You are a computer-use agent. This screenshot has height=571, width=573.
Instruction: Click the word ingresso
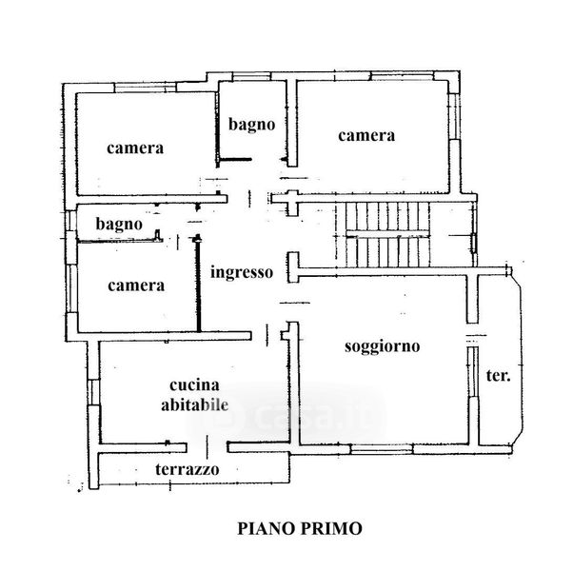point(242,271)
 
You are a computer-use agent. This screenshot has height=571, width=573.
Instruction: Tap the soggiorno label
point(383,346)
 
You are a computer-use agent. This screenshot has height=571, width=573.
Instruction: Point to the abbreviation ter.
point(499,375)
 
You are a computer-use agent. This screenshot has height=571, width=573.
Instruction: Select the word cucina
point(194,385)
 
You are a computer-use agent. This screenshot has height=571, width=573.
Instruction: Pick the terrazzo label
point(187,469)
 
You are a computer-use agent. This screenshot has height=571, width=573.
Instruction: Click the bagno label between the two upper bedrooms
point(251,123)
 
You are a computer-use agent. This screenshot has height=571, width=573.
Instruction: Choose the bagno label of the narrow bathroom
point(118,225)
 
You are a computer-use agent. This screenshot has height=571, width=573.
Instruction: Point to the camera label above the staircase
point(366,135)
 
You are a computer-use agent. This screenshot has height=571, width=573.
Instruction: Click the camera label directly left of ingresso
point(135,285)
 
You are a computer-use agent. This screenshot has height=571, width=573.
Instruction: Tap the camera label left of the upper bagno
point(135,148)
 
